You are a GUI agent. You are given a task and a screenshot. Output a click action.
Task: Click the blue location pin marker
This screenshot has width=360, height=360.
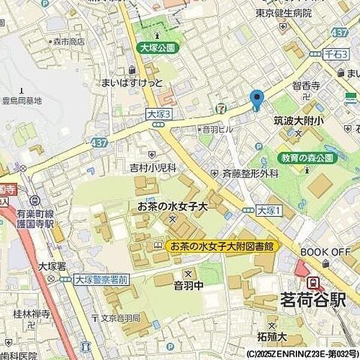click(256, 99)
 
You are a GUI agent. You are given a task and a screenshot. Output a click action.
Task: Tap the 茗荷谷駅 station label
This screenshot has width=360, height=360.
click(313, 299)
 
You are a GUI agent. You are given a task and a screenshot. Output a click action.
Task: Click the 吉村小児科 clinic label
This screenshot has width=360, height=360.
click(152, 169)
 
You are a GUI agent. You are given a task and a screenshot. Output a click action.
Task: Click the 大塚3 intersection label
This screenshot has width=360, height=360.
click(158, 113)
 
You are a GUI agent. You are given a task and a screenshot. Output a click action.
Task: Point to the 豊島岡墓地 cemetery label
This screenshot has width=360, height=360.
click(22, 101)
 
